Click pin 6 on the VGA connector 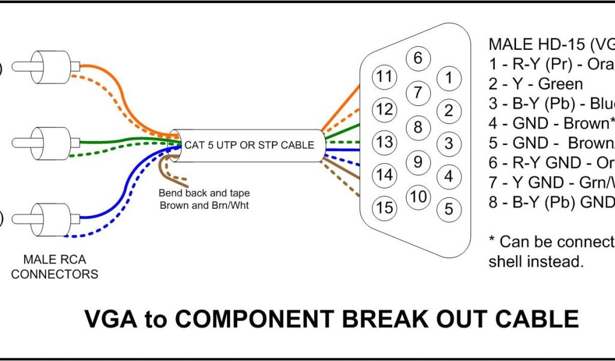click(419, 58)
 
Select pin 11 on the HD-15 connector click(384, 76)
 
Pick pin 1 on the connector click(448, 77)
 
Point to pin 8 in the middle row click(419, 127)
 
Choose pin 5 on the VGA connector click(448, 209)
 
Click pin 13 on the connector click(384, 142)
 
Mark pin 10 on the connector click(419, 196)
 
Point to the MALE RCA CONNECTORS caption click(55, 267)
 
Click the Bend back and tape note click(204, 199)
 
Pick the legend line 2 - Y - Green click(536, 84)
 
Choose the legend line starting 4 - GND click(551, 123)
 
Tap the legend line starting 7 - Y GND click(551, 182)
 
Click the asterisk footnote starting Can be click(551, 251)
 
